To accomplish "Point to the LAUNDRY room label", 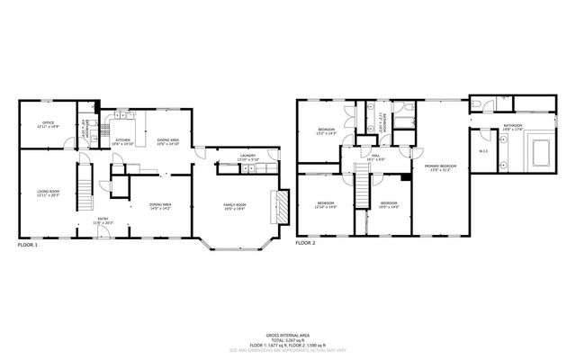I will [x=247, y=157].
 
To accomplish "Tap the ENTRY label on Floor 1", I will [x=103, y=220].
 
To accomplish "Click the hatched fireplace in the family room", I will [x=282, y=205].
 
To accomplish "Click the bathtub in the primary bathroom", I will [x=542, y=150].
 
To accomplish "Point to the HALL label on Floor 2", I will [x=375, y=155].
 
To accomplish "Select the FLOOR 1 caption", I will [x=28, y=245].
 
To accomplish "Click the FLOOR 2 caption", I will [x=307, y=243].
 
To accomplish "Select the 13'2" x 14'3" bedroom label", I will [x=326, y=131].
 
